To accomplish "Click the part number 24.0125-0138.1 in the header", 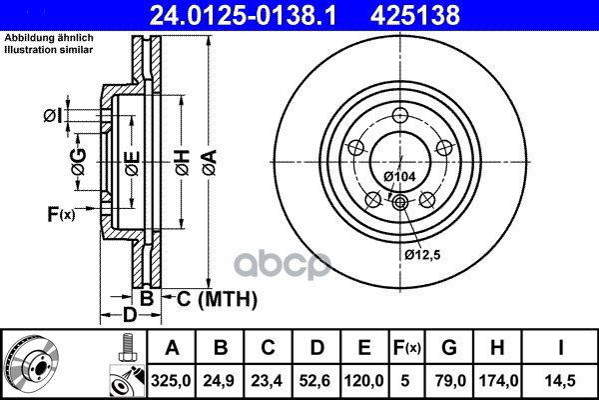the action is (243, 15).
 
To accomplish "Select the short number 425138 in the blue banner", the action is (415, 15).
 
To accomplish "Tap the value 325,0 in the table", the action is (171, 381).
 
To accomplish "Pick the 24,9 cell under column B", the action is (220, 381).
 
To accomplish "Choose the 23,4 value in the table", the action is (267, 381).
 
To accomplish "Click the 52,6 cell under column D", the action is (315, 381).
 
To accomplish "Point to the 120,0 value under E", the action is (363, 381).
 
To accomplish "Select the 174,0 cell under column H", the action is (498, 381).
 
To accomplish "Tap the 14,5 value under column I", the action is (560, 381).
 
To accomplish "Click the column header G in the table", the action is (449, 348).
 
